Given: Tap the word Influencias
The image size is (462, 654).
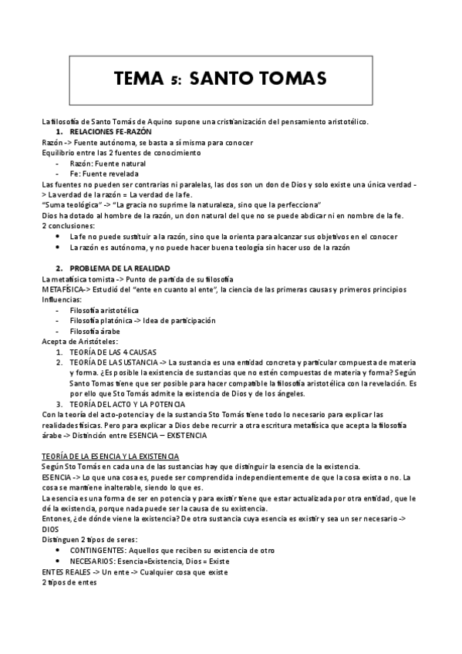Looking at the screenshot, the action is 61,298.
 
